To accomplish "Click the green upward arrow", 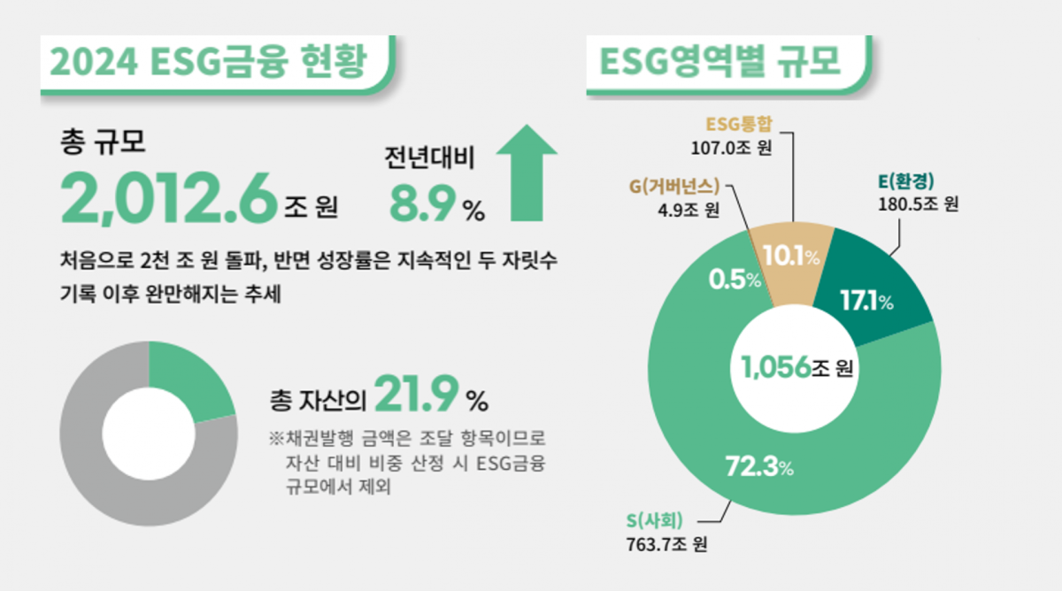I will (x=527, y=172).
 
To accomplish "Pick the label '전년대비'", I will (x=429, y=158).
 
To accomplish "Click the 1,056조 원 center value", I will (x=796, y=367).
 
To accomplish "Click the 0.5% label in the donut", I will (x=735, y=280).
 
